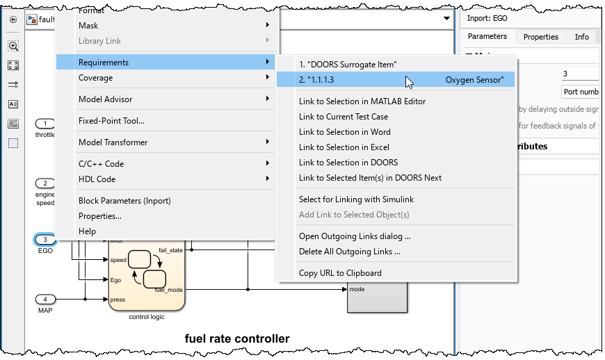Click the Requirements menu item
pyautogui.click(x=104, y=63)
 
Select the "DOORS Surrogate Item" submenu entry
pyautogui.click(x=348, y=65)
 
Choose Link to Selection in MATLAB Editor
pyautogui.click(x=362, y=101)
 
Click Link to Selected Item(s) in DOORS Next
pyautogui.click(x=370, y=178)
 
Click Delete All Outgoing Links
pyautogui.click(x=349, y=252)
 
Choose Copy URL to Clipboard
pyautogui.click(x=340, y=273)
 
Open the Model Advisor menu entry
pyautogui.click(x=105, y=99)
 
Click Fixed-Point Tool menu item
pyautogui.click(x=111, y=121)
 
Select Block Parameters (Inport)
pyautogui.click(x=124, y=201)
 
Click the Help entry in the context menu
pyautogui.click(x=88, y=231)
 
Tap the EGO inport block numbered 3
pyautogui.click(x=45, y=240)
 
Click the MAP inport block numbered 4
pyautogui.click(x=45, y=300)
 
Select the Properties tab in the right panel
pyautogui.click(x=541, y=37)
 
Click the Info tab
pyautogui.click(x=581, y=37)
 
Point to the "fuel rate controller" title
pyautogui.click(x=236, y=339)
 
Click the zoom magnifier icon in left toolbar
pyautogui.click(x=13, y=46)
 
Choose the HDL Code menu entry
pyautogui.click(x=97, y=179)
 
